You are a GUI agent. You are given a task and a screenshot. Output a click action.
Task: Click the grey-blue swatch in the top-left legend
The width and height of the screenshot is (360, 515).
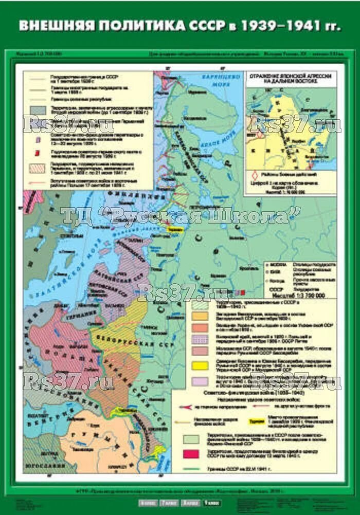coord(38,110)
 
